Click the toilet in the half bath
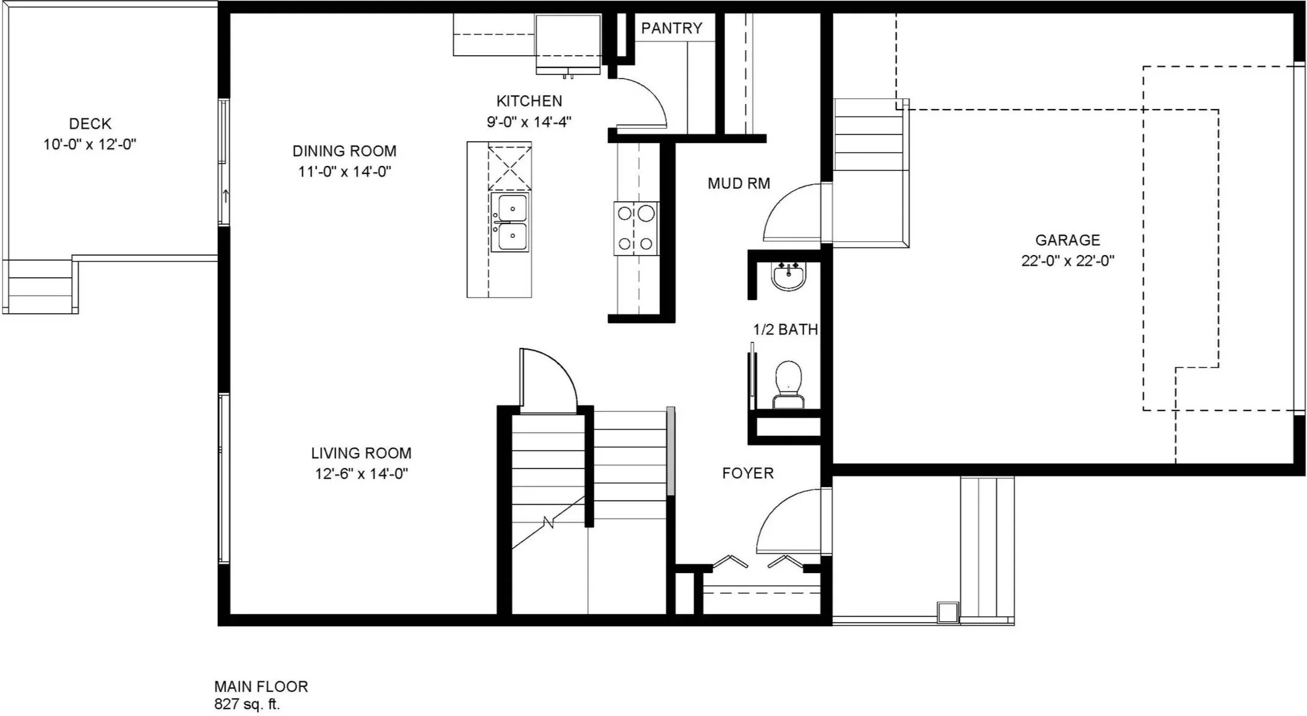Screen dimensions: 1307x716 789,384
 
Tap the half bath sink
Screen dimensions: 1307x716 789,276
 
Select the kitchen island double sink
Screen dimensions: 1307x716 510,223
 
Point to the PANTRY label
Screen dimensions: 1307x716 672,28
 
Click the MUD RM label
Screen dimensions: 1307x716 739,183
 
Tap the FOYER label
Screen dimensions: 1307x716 748,473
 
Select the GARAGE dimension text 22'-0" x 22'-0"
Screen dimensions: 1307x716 1067,261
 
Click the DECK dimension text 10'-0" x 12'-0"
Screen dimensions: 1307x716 90,144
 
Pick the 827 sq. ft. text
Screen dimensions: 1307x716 247,704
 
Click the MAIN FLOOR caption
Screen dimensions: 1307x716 261,686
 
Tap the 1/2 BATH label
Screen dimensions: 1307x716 785,330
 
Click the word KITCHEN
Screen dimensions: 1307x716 529,101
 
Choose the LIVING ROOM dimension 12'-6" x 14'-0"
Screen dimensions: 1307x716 361,473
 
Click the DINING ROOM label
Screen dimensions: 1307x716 344,151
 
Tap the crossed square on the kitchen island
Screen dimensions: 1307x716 510,166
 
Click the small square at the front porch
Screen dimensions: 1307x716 947,613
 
